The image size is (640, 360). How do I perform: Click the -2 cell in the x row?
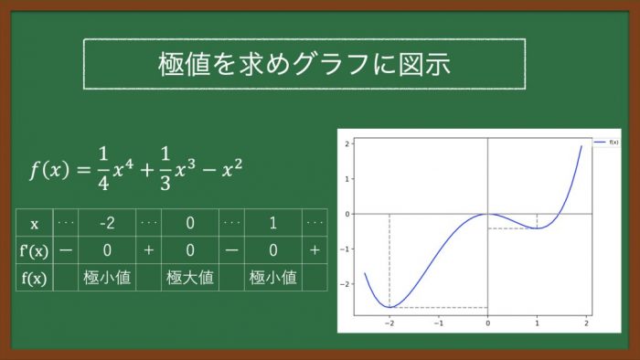click(x=107, y=223)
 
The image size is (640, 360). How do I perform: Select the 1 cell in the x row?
click(x=273, y=223)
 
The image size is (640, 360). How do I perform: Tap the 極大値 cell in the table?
click(x=190, y=278)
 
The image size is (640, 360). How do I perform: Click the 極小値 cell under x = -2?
click(x=107, y=278)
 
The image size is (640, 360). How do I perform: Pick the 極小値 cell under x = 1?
click(x=273, y=278)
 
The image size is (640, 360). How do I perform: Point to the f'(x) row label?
click(x=34, y=250)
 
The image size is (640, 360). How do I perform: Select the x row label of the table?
click(x=35, y=224)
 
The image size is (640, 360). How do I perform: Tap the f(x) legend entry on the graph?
click(x=606, y=143)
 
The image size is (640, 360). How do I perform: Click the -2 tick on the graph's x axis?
click(x=389, y=323)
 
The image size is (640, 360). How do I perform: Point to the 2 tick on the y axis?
click(x=347, y=143)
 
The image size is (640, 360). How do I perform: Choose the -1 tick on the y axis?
click(x=345, y=249)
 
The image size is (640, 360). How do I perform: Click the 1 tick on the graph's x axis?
click(x=538, y=323)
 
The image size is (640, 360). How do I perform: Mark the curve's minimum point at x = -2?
click(x=389, y=307)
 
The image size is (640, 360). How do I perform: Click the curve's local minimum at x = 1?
click(x=538, y=228)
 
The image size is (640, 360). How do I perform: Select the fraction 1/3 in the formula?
click(x=165, y=169)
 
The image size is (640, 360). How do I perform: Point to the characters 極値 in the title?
click(x=184, y=64)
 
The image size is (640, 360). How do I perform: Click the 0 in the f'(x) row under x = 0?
click(x=190, y=250)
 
